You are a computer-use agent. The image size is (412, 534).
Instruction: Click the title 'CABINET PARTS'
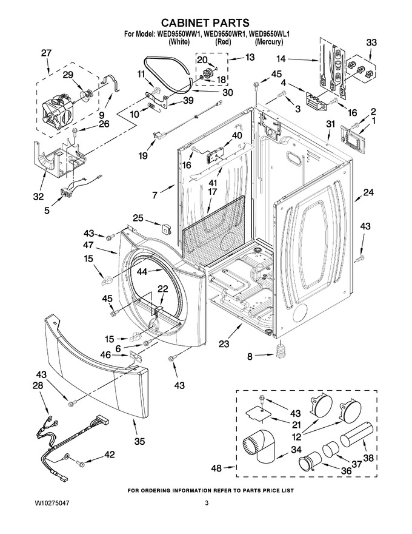(x=205, y=23)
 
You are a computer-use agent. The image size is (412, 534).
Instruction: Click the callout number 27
(x=46, y=53)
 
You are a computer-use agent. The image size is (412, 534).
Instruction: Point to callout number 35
(x=139, y=441)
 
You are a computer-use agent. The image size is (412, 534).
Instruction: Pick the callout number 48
(x=216, y=468)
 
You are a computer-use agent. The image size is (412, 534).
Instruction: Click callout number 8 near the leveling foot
(x=250, y=357)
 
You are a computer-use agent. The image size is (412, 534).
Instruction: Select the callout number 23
(x=224, y=344)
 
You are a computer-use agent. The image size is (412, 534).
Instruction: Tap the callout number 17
(x=212, y=192)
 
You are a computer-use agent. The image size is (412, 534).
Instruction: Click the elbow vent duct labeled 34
(x=259, y=446)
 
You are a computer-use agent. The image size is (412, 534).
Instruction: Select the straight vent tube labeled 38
(x=356, y=434)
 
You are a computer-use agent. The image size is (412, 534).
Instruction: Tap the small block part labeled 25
(x=167, y=229)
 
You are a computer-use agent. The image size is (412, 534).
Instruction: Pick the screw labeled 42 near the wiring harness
(x=79, y=463)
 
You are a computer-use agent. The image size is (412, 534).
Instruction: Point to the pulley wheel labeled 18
(x=207, y=73)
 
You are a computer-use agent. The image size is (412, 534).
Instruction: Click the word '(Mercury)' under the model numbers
(x=268, y=42)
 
